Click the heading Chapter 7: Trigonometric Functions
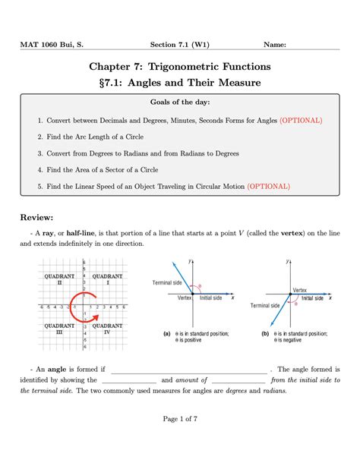179,68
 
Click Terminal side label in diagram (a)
168,282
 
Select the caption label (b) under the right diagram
264,333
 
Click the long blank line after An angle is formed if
189,370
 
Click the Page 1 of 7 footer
179,439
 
